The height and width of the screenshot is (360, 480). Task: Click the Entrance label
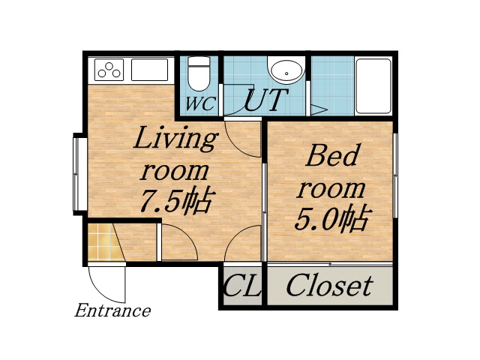coord(112,310)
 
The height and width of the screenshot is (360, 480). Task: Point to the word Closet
coord(329,285)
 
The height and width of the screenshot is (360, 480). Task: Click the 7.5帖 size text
coord(177,201)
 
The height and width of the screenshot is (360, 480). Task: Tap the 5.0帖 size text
coord(331,219)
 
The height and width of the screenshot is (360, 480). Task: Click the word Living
coord(175,139)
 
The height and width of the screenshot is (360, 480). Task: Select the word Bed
coord(333,157)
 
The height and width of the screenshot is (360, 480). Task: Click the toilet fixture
coord(199,73)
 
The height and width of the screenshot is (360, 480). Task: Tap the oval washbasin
coord(286,72)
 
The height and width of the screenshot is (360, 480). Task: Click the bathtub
coord(373,85)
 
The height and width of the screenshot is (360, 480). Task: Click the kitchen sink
coord(150,70)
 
